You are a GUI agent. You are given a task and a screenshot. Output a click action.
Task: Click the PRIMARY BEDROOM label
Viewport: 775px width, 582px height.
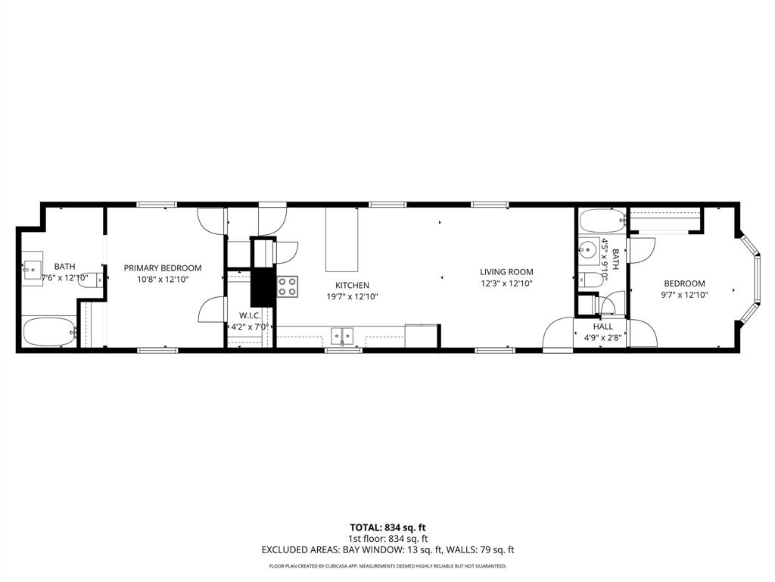pyautogui.click(x=163, y=268)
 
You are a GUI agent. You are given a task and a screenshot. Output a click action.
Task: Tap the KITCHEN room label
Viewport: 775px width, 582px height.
pyautogui.click(x=352, y=285)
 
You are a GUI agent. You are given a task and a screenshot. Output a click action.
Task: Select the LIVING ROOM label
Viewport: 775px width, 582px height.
pyautogui.click(x=506, y=272)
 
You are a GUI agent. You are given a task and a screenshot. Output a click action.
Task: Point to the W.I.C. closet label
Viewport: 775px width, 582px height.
pyautogui.click(x=250, y=315)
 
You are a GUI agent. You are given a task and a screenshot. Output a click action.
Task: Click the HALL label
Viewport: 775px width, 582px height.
pyautogui.click(x=603, y=327)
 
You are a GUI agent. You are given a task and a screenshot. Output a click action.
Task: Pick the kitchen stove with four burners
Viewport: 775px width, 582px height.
pyautogui.click(x=288, y=286)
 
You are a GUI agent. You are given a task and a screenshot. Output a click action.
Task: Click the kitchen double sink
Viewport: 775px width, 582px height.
pyautogui.click(x=344, y=335)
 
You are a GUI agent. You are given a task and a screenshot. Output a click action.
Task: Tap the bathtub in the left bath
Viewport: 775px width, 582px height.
pyautogui.click(x=49, y=332)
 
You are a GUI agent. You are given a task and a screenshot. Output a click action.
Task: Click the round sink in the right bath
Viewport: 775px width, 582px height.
pyautogui.click(x=588, y=250)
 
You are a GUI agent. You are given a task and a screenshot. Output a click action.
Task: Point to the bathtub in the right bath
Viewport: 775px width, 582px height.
pyautogui.click(x=602, y=221)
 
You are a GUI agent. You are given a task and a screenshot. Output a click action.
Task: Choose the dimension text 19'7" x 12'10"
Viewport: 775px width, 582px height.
pyautogui.click(x=352, y=296)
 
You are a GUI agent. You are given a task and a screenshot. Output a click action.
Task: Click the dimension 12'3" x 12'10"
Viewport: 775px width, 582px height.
pyautogui.click(x=506, y=283)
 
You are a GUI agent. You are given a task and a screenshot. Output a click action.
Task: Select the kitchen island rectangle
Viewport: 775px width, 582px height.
pyautogui.click(x=342, y=239)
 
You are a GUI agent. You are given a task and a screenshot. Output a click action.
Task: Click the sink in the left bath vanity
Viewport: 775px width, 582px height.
pyautogui.click(x=32, y=268)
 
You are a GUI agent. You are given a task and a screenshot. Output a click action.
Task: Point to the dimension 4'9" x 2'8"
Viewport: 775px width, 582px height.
pyautogui.click(x=603, y=338)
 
